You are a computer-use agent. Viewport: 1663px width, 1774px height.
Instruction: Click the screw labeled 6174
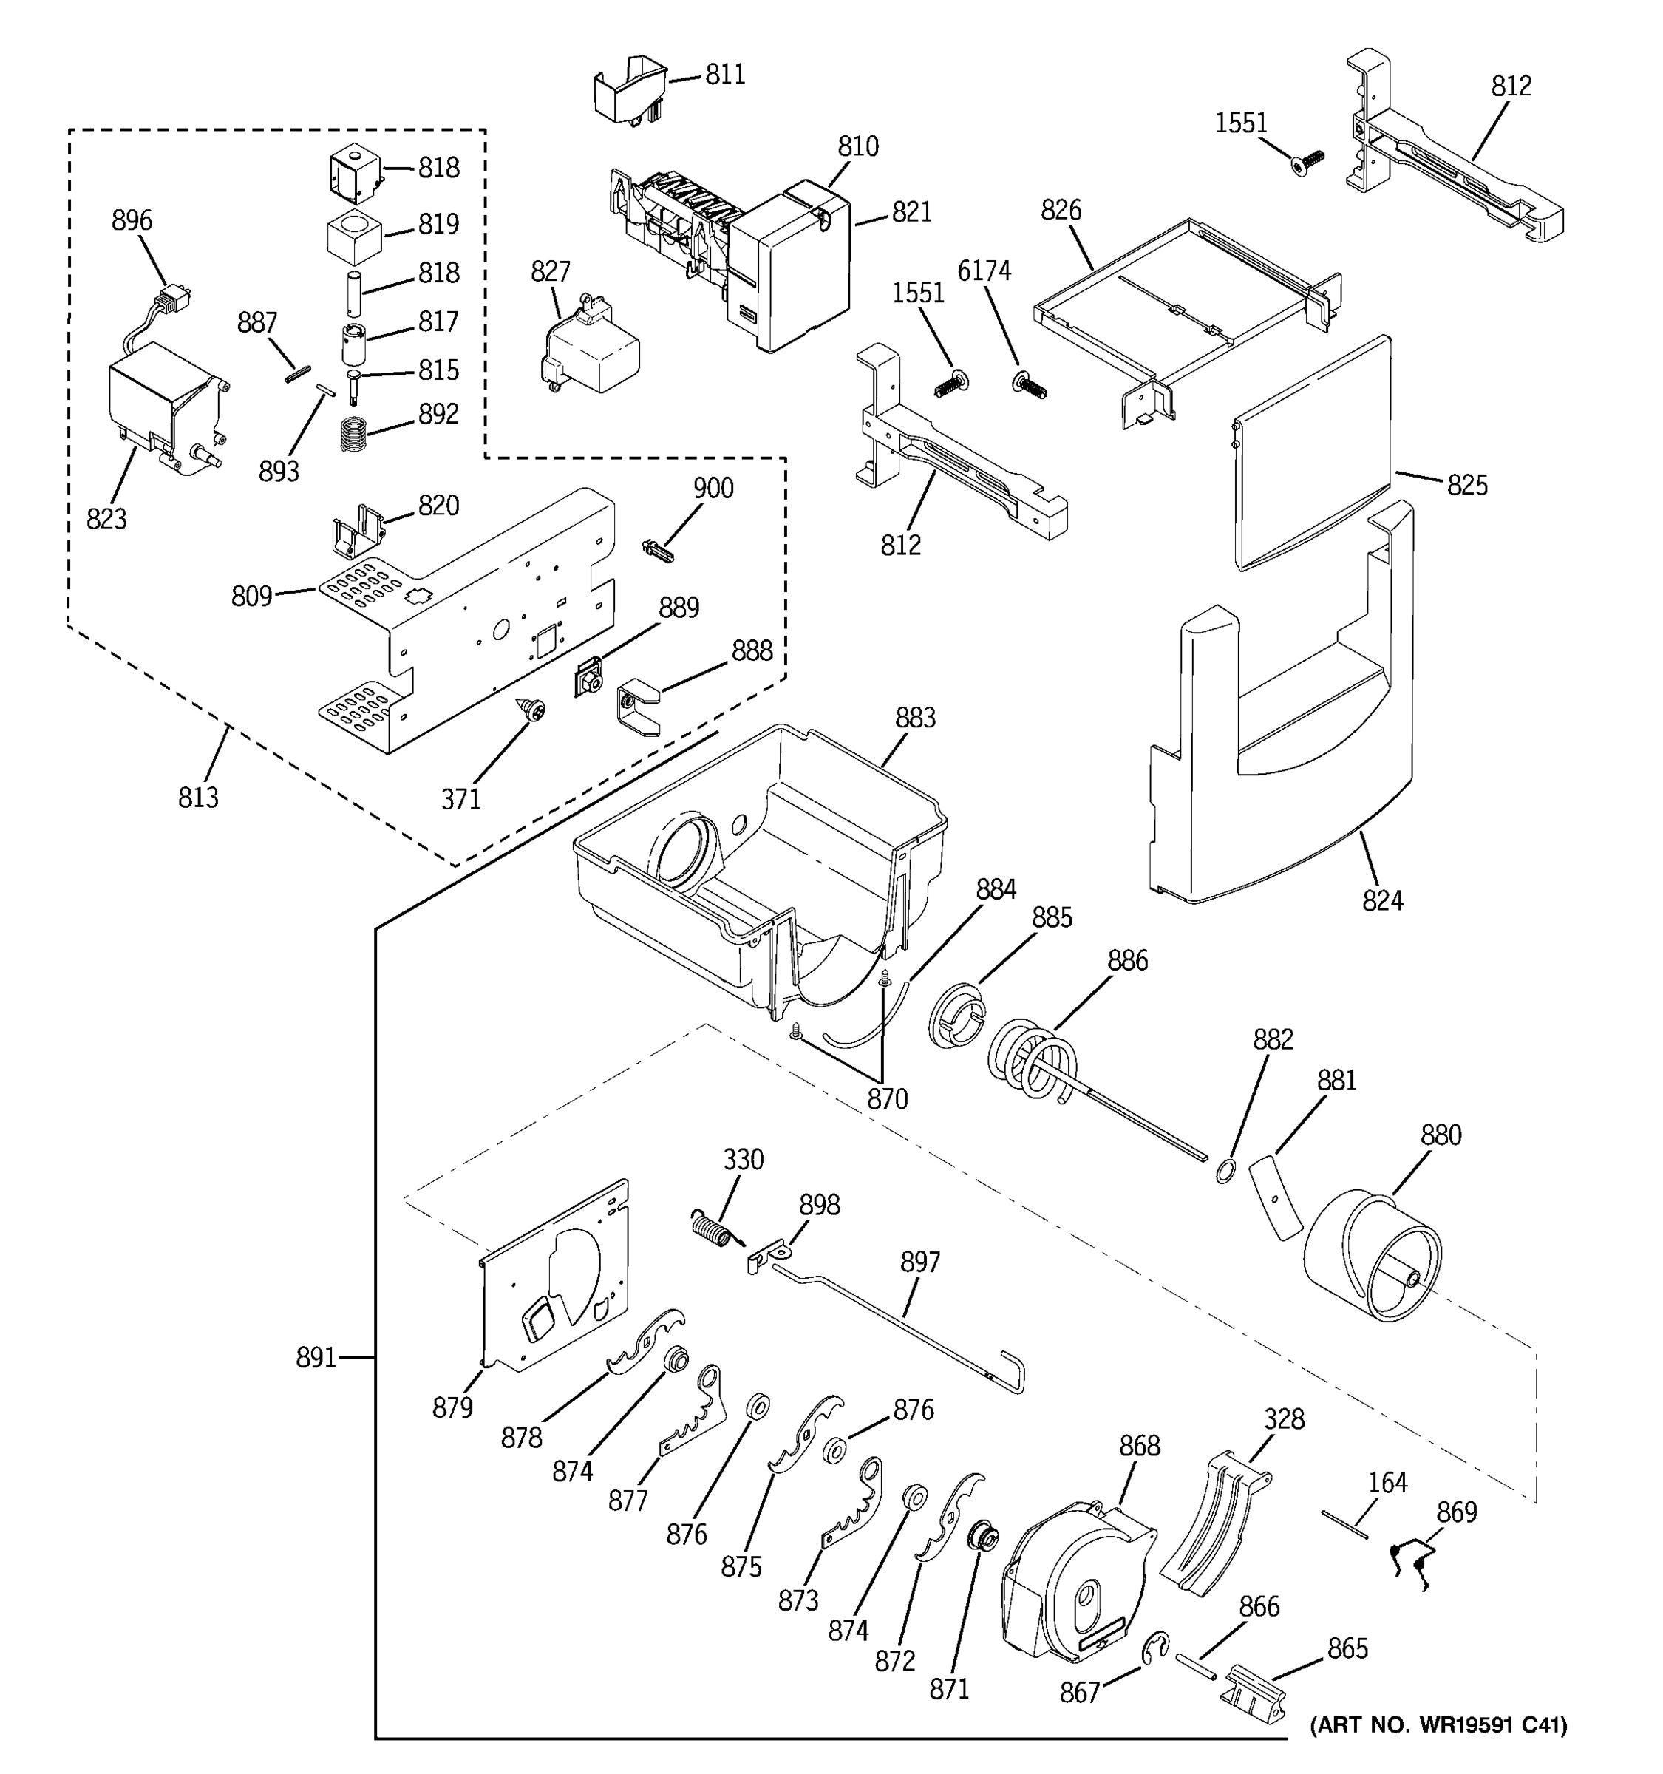pyautogui.click(x=1030, y=387)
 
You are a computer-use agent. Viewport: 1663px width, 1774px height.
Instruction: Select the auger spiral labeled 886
pyautogui.click(x=1035, y=1063)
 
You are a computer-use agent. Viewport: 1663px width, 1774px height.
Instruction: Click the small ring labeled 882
pyautogui.click(x=1226, y=1171)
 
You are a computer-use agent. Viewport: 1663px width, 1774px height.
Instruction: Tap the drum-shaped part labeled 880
pyautogui.click(x=1371, y=1257)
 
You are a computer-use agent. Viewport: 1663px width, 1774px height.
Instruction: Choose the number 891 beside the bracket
pyautogui.click(x=316, y=1358)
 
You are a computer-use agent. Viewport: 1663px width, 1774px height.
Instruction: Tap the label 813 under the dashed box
pyautogui.click(x=197, y=797)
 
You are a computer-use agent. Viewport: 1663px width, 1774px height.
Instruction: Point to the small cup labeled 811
pyautogui.click(x=630, y=87)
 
